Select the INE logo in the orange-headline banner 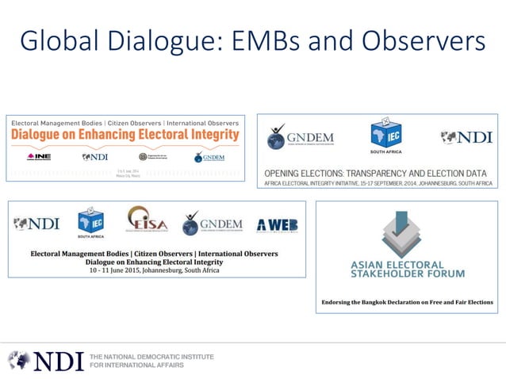click(x=39, y=156)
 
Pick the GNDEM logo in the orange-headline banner click(x=209, y=157)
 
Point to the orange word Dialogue click(x=39, y=135)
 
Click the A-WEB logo click(x=278, y=225)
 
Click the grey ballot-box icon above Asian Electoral click(x=401, y=234)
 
